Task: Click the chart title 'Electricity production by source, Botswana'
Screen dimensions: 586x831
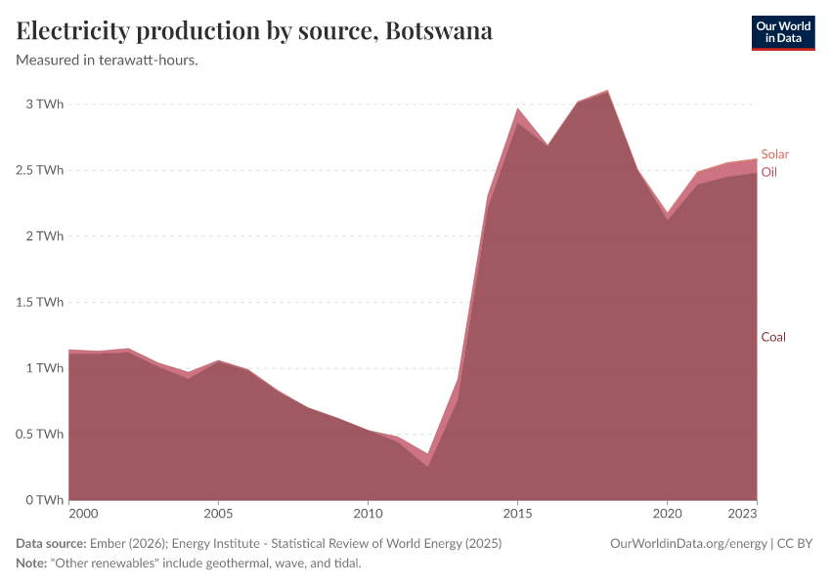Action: [x=254, y=31]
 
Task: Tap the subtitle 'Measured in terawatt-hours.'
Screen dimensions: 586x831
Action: [x=108, y=61]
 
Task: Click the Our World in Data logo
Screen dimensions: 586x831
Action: [x=782, y=32]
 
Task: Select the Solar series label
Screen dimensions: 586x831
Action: [x=774, y=154]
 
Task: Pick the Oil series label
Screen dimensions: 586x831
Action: [x=769, y=172]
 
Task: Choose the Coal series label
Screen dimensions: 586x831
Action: [x=773, y=337]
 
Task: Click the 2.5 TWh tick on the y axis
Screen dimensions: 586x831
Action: [x=39, y=170]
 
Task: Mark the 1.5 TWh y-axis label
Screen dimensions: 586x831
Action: [x=39, y=302]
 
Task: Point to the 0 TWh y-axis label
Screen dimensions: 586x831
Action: [x=43, y=500]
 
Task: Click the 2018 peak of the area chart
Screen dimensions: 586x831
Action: [x=607, y=91]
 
